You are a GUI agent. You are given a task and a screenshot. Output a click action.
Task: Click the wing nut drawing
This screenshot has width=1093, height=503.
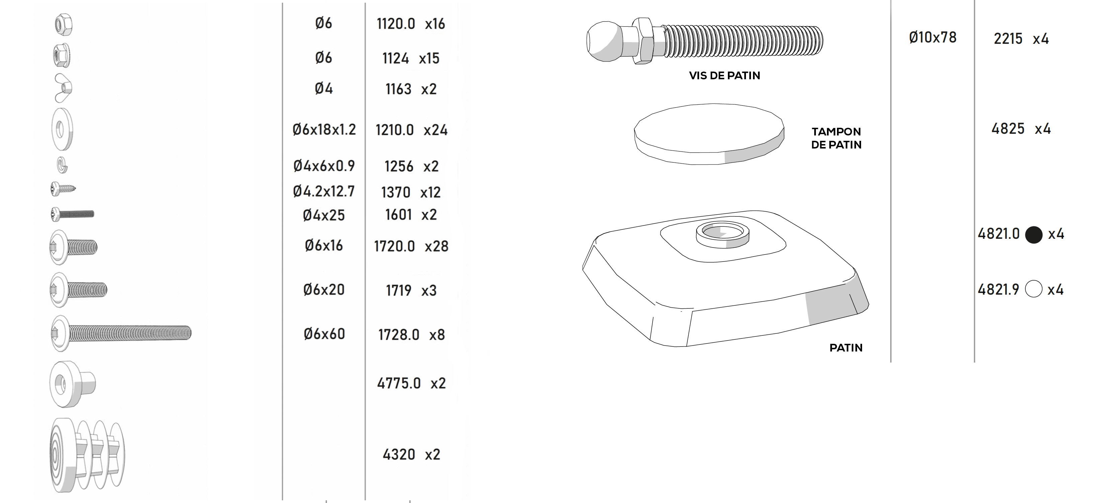point(63,88)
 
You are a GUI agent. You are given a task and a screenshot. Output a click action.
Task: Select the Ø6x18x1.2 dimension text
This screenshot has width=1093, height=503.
point(324,129)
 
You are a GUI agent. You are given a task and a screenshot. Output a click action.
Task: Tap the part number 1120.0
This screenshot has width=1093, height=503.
point(396,24)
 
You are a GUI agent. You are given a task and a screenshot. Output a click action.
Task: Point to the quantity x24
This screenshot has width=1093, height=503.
point(435,130)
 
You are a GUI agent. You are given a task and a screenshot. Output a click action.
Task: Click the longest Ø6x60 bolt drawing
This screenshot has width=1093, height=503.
point(121,333)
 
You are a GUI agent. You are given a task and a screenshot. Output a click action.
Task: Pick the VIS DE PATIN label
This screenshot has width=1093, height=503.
point(724,76)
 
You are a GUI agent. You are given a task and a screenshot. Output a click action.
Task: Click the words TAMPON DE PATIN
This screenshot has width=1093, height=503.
point(836,138)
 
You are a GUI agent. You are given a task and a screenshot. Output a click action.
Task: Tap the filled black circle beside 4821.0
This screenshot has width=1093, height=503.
point(1033,234)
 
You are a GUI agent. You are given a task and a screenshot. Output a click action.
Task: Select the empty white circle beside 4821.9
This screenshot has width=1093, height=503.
point(1033,289)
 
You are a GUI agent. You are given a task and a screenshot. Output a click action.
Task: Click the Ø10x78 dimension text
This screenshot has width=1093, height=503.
point(933,38)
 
